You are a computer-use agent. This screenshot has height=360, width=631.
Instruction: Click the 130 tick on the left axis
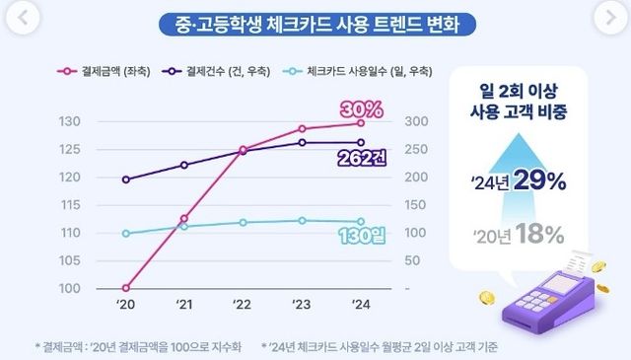click(x=70, y=122)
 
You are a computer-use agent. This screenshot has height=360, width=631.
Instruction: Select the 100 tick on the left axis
click(x=70, y=289)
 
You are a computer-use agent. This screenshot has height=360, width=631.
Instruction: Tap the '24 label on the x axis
click(x=360, y=306)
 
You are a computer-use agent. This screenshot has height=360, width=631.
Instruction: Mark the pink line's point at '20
click(x=126, y=289)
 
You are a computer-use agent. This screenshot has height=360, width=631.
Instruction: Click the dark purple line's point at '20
click(x=126, y=180)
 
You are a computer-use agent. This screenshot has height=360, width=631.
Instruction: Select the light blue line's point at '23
click(x=302, y=220)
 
